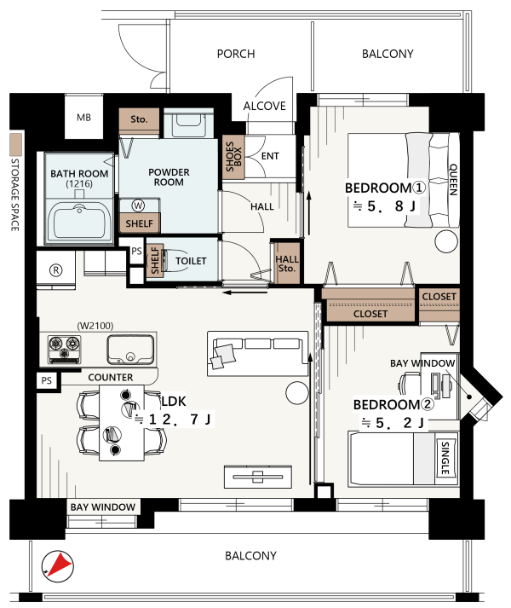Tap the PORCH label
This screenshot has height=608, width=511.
tap(236, 54)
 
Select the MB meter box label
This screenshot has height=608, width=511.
tap(83, 117)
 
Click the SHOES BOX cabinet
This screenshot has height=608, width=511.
tap(233, 157)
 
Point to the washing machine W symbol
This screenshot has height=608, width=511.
tap(138, 206)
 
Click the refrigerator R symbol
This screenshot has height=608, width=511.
tap(56, 269)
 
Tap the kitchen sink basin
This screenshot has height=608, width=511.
tap(130, 350)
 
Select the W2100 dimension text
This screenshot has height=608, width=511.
tap(95, 326)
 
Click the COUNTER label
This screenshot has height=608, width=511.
tap(111, 377)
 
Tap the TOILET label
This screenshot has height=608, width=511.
tap(191, 261)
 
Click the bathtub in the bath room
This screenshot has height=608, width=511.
tap(79, 222)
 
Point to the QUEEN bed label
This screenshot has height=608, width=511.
tap(453, 179)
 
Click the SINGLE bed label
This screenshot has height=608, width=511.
tap(445, 458)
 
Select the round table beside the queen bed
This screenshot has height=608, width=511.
tap(446, 241)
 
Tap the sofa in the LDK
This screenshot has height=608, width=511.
tap(258, 354)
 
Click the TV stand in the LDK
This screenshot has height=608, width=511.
tap(258, 477)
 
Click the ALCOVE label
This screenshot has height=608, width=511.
tap(265, 106)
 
